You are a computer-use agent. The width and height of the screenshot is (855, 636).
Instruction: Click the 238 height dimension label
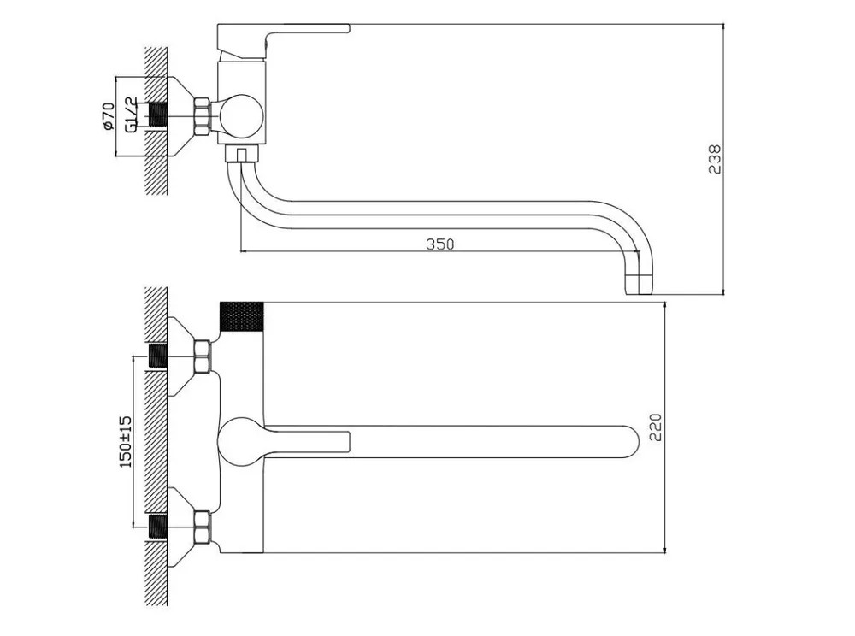click(714, 159)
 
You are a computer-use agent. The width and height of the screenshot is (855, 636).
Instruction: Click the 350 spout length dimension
click(439, 244)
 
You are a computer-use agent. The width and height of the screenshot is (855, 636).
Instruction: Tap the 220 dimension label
click(656, 427)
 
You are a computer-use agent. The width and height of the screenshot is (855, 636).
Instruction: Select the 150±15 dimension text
click(125, 441)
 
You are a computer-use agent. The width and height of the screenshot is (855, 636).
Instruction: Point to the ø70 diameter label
click(108, 116)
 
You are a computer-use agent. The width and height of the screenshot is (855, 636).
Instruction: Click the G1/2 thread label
click(131, 115)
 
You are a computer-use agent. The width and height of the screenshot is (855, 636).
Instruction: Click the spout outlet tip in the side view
click(638, 285)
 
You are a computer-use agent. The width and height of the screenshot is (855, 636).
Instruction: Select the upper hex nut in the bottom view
click(202, 356)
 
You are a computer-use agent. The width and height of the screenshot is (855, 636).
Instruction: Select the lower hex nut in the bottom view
click(202, 527)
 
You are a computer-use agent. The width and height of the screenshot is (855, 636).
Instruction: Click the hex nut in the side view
click(202, 116)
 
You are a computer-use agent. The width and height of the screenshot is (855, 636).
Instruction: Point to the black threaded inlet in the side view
click(158, 116)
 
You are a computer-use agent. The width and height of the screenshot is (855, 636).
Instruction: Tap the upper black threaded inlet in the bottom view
click(158, 356)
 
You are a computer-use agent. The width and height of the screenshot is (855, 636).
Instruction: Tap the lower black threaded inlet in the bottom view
click(158, 527)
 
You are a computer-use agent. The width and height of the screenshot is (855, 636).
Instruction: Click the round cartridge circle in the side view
click(242, 116)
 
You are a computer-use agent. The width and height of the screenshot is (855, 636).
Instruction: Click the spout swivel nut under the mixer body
click(241, 153)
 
